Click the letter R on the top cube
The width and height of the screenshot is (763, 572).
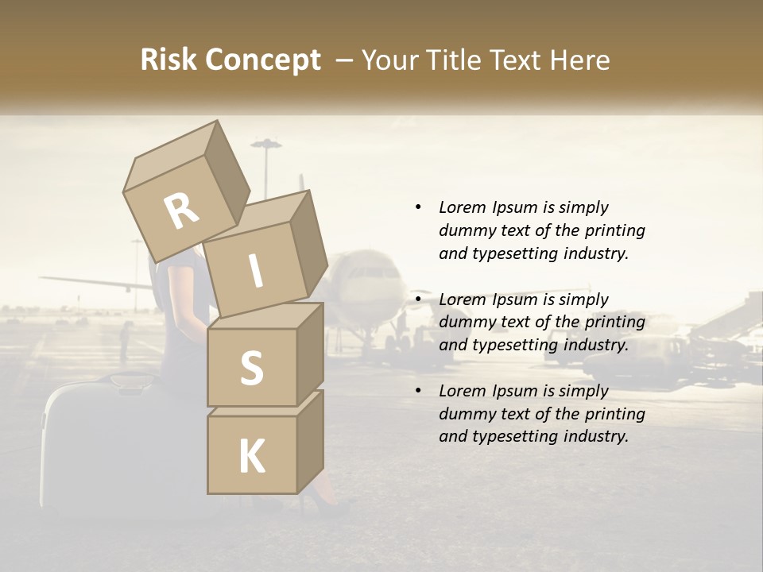182,211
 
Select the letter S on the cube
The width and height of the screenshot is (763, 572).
251,369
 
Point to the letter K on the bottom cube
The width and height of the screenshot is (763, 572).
251,457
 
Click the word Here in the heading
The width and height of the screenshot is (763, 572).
579,60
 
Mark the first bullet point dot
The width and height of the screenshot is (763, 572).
418,207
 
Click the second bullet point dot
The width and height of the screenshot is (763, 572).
418,300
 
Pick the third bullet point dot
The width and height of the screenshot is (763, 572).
418,391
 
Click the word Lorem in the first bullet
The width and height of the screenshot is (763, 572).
461,207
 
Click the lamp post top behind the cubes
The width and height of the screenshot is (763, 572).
266,144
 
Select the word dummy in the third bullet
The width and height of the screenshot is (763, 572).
466,414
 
